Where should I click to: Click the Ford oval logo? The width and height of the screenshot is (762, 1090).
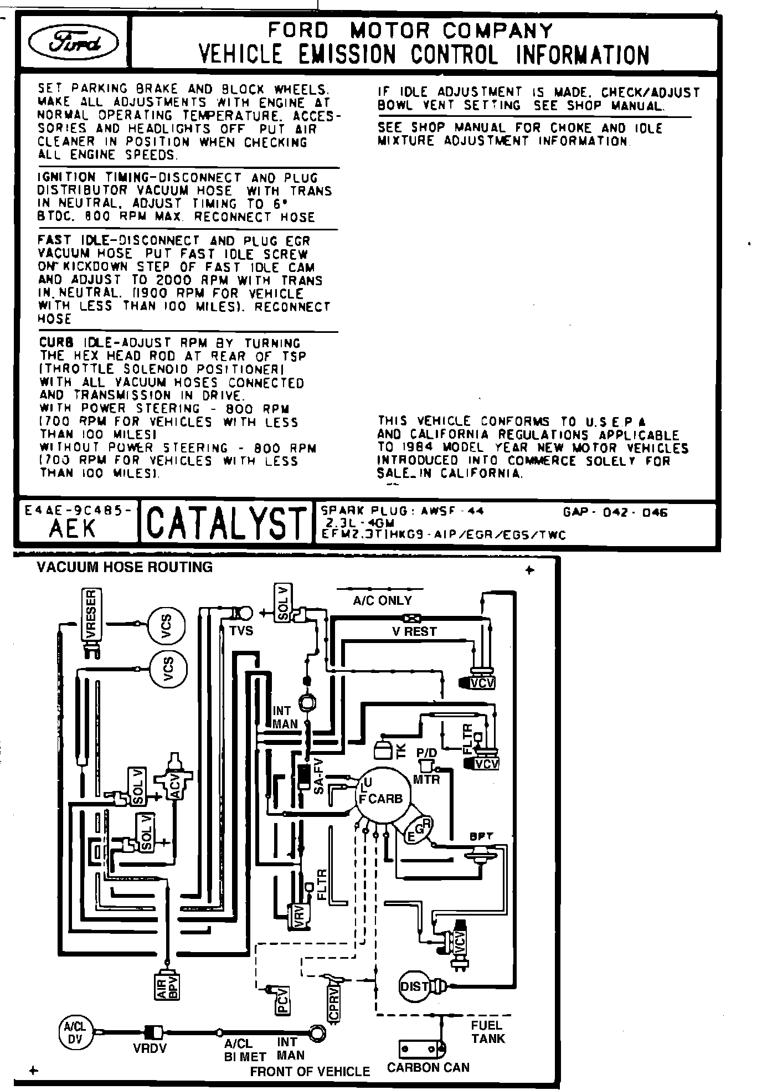pos(74,42)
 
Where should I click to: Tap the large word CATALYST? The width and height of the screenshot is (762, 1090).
pos(226,522)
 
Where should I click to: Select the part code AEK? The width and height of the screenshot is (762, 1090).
pos(73,529)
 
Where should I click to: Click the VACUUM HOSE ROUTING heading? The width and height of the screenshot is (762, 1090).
pos(125,567)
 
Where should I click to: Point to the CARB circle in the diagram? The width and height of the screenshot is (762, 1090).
pos(383,798)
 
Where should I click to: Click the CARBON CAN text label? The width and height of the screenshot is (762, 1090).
pos(428,1067)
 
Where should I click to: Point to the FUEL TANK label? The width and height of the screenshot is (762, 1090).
pos(487,1032)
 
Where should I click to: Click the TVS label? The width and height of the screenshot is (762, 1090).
pos(241,630)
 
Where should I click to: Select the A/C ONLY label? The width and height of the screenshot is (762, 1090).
pos(382,600)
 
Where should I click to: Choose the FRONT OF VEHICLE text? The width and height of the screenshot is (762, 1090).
pos(310,1071)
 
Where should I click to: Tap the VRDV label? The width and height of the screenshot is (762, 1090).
pos(149,1048)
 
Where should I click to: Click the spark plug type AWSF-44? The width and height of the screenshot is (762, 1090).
pos(444,511)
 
